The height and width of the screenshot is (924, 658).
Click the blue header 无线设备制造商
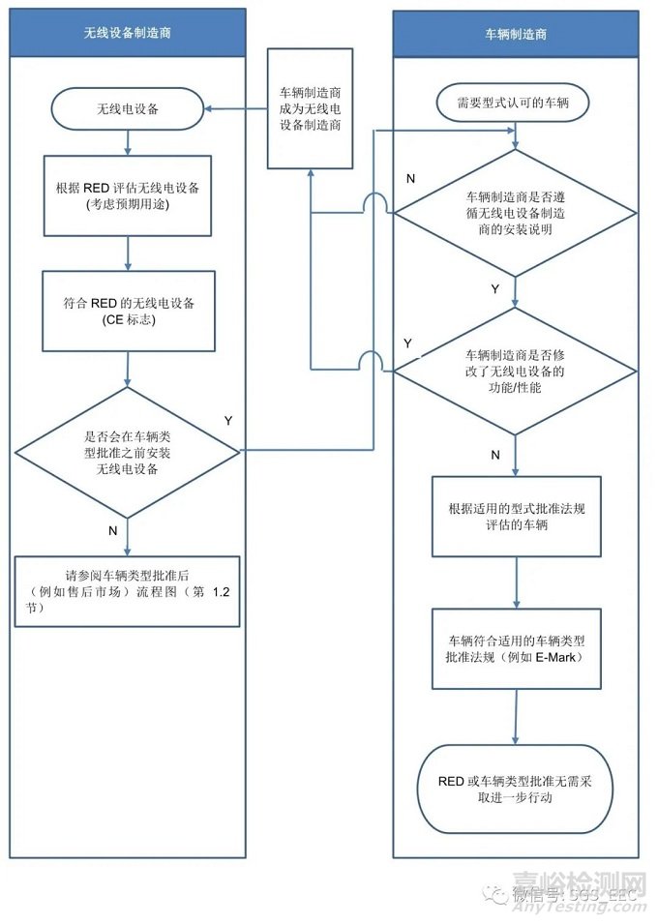[127, 33]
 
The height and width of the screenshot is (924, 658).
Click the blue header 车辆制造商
[515, 33]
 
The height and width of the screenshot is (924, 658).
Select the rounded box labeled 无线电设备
[128, 109]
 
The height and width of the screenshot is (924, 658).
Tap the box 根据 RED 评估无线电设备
[128, 194]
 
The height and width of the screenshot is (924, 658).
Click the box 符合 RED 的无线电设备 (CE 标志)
[128, 311]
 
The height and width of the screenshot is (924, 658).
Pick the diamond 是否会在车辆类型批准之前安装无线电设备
[128, 449]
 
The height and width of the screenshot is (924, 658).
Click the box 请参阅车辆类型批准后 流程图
[127, 590]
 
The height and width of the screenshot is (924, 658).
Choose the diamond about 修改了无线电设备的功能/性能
[515, 371]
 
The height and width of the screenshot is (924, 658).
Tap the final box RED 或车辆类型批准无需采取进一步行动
[515, 789]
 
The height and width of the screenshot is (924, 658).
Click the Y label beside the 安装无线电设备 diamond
[228, 421]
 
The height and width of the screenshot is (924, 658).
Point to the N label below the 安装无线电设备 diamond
[112, 530]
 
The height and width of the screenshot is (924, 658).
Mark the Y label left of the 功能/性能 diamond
[407, 343]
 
